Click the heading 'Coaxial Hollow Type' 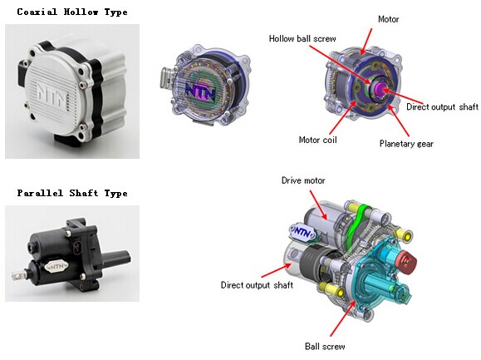coord(72,12)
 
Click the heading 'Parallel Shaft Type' coord(72,193)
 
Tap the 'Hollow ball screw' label coord(302,39)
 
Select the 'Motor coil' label coord(318,140)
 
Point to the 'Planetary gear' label coord(406,144)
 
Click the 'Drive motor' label coord(303,180)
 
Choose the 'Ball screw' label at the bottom coord(325,347)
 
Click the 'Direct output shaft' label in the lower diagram coord(257,285)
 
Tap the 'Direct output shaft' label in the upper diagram coord(442,106)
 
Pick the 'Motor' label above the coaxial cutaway coord(388,19)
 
